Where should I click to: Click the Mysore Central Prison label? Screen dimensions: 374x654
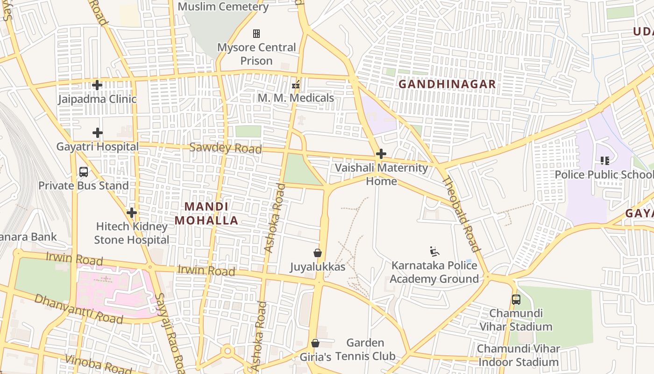256,54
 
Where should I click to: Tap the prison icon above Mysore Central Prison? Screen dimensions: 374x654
256,34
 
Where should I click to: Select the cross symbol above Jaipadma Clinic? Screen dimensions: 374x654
97,85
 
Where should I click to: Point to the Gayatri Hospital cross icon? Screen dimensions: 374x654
97,133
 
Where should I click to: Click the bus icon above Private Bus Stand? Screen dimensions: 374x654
84,172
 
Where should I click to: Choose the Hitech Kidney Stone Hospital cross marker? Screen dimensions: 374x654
132,213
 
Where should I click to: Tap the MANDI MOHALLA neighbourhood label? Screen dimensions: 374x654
206,213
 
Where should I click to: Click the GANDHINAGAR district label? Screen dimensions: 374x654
447,85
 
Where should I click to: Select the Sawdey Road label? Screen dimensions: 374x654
225,148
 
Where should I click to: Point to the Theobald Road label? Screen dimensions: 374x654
461,214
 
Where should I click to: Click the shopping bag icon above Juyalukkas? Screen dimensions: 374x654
318,253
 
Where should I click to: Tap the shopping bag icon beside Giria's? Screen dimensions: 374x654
315,344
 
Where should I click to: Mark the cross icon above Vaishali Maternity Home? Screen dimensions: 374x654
381,154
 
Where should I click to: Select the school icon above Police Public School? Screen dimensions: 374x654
605,161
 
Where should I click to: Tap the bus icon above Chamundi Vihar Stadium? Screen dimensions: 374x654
516,300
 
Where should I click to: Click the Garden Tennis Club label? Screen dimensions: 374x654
365,349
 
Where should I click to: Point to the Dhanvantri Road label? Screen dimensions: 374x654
78,309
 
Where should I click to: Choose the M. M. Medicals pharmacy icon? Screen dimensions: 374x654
296,85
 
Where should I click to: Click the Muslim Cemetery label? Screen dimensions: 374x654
223,7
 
